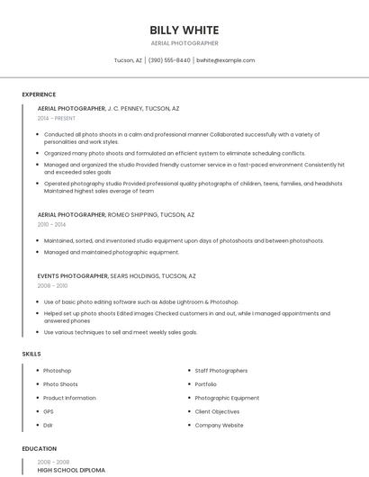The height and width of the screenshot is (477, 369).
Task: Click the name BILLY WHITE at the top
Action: click(x=184, y=30)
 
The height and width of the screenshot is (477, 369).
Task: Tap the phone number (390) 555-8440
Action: click(x=169, y=60)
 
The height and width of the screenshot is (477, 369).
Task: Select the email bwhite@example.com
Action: click(x=225, y=60)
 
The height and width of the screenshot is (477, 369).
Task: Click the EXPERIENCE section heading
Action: click(x=39, y=94)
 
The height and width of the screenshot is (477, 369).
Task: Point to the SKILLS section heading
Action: click(x=31, y=354)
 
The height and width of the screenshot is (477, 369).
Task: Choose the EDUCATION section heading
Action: click(x=40, y=448)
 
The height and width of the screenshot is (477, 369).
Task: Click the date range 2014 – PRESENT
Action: click(x=57, y=118)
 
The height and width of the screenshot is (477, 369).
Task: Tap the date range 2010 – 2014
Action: click(x=50, y=225)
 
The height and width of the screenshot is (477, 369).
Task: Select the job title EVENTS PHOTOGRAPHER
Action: click(x=72, y=275)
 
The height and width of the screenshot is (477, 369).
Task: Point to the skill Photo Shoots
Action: click(x=60, y=384)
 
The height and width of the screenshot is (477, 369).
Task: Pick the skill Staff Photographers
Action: click(x=220, y=371)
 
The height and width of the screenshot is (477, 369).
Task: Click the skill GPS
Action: click(x=49, y=411)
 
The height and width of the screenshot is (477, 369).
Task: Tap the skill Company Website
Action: click(x=219, y=425)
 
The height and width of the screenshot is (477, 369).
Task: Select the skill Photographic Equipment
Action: click(x=227, y=398)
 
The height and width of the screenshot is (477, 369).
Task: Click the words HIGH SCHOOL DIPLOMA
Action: click(x=71, y=470)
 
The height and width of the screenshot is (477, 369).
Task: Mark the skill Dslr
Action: click(x=49, y=425)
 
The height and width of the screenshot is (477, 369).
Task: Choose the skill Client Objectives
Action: click(x=217, y=411)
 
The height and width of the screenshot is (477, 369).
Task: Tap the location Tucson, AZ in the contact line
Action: click(x=128, y=60)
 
